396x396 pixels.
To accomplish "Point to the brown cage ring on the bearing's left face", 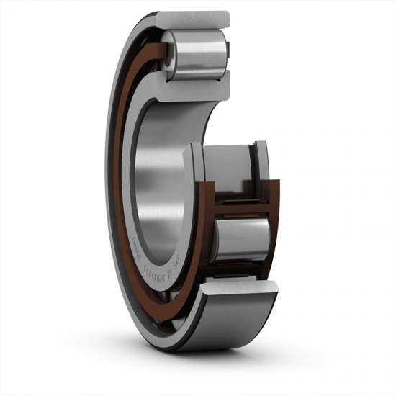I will [119, 180].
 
